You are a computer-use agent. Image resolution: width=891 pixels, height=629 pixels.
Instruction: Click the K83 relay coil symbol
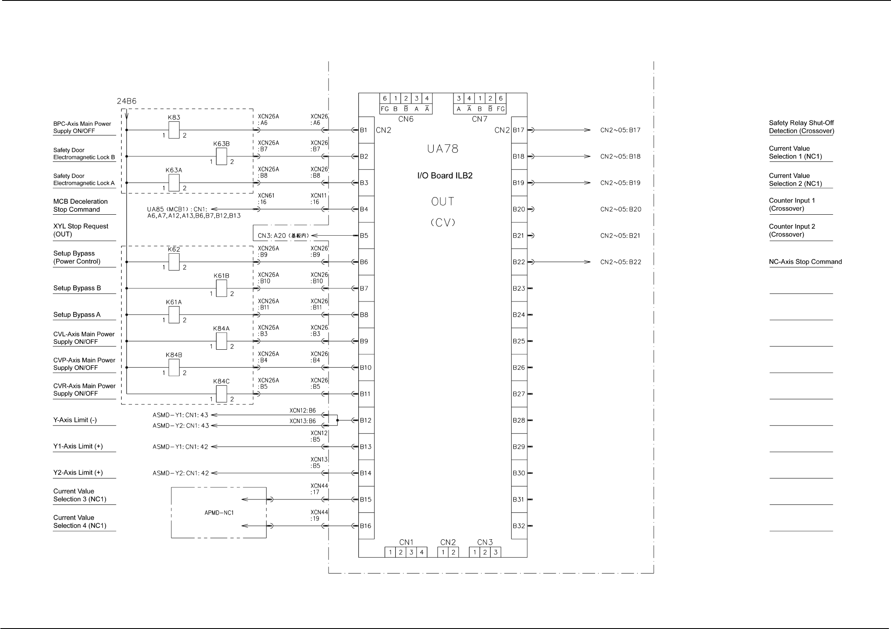click(x=174, y=130)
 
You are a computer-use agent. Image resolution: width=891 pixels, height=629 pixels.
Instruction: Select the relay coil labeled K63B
click(x=221, y=156)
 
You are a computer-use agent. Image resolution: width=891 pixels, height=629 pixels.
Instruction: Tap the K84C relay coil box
click(x=221, y=394)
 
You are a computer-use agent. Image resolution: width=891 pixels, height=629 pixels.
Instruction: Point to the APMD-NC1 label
click(x=219, y=512)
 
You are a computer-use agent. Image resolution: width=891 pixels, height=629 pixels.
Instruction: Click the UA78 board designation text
click(x=443, y=149)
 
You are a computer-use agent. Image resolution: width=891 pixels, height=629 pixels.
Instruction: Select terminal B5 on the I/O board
click(x=364, y=236)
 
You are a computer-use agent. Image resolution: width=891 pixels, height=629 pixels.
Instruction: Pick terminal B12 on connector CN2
click(x=365, y=420)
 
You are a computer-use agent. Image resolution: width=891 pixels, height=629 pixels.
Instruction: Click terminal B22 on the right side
click(x=519, y=262)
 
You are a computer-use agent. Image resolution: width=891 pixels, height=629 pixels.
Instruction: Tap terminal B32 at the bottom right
click(x=519, y=526)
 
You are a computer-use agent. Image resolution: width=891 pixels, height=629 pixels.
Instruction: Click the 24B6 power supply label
click(x=127, y=101)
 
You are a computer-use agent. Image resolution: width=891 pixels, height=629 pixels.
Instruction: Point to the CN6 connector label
click(x=406, y=119)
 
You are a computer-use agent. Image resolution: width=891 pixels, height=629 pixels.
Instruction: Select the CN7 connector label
click(x=479, y=119)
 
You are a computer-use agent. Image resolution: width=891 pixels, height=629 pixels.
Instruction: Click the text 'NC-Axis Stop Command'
click(x=805, y=262)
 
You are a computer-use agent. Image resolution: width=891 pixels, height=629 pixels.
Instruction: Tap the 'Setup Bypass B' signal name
click(x=77, y=288)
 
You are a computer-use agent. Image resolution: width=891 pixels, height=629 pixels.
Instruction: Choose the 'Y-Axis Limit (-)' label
click(x=75, y=420)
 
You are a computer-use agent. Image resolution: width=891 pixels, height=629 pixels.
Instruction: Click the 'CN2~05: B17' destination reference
click(x=620, y=130)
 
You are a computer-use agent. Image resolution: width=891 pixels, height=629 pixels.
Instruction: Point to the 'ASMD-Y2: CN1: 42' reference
click(x=180, y=473)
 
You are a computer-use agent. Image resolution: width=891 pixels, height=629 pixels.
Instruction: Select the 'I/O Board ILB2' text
click(x=445, y=176)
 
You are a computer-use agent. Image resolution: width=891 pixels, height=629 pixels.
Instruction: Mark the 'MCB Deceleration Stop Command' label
click(x=80, y=205)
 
